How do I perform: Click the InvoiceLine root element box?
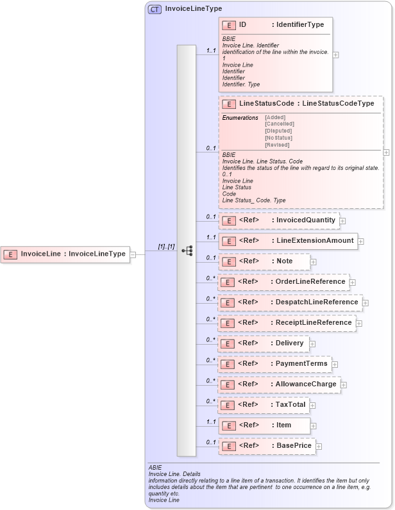point(64,254)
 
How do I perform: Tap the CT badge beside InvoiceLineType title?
point(155,9)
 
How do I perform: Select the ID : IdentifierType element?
point(276,25)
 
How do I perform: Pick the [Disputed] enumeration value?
point(279,131)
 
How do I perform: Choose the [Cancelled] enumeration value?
point(280,124)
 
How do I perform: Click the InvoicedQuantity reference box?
point(278,220)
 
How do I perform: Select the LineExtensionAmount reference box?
point(287,241)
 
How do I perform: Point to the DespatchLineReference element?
point(290,302)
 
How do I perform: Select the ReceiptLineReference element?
point(287,323)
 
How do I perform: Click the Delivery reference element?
point(264,343)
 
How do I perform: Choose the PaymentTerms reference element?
point(274,364)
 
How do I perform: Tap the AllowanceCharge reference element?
point(279,384)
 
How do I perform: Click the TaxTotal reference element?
point(264,405)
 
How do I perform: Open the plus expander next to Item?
point(313,425)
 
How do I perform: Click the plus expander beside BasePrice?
point(319,446)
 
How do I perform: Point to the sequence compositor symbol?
point(187,251)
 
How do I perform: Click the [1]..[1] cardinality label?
point(167,247)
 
